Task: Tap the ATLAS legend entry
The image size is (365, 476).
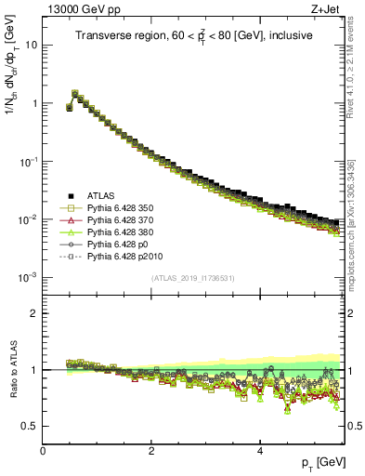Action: click(x=102, y=194)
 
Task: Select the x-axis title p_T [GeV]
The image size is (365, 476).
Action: click(x=323, y=462)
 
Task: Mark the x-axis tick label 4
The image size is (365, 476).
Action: click(x=260, y=451)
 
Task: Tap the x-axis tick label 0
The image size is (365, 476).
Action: click(x=43, y=451)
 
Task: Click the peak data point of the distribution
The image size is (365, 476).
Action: click(x=75, y=93)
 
